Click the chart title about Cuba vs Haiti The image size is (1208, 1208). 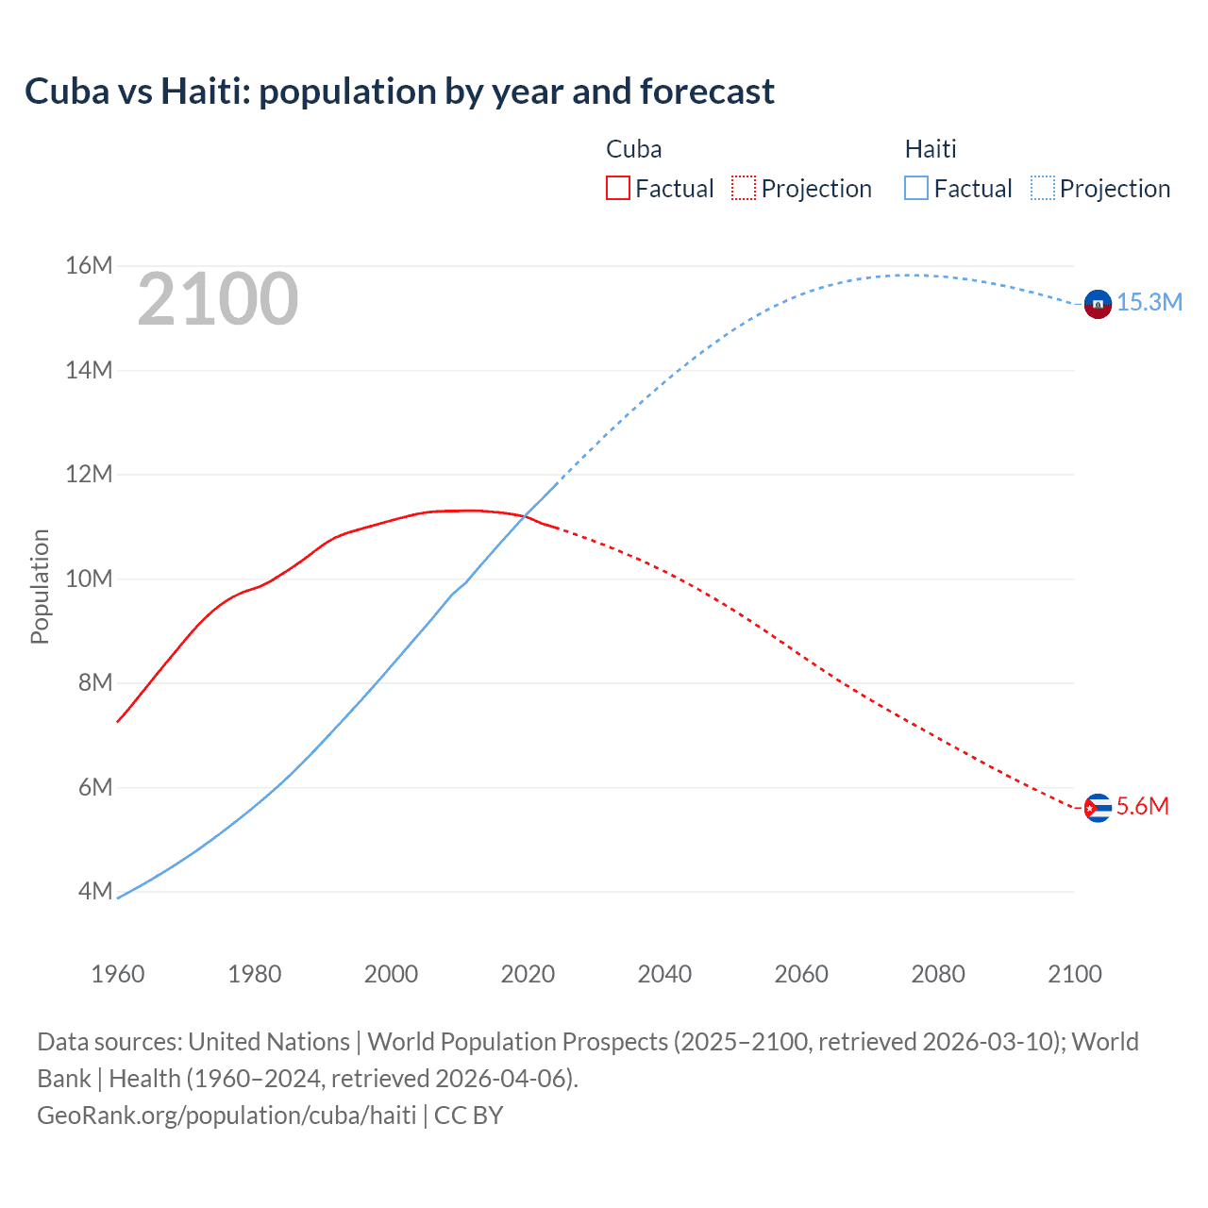[x=399, y=92]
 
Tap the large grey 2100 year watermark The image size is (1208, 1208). [x=218, y=299]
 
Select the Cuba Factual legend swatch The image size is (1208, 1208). [x=617, y=188]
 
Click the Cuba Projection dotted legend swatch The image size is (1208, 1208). [x=744, y=188]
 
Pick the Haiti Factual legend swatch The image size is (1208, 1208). [x=916, y=188]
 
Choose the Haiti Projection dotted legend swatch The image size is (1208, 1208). [x=1043, y=188]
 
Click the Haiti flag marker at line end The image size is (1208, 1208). [x=1098, y=304]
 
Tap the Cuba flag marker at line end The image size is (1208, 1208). [x=1098, y=808]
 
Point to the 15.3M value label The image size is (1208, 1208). [x=1149, y=302]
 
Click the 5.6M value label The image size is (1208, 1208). [x=1143, y=806]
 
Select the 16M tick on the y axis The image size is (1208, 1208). [x=89, y=266]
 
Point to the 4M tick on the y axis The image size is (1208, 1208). [x=95, y=891]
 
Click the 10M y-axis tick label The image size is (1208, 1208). [x=89, y=579]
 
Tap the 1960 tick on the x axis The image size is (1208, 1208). [x=118, y=974]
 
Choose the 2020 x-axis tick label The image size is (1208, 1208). [x=528, y=974]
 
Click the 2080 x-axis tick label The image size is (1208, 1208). [x=938, y=974]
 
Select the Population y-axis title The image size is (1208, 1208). [x=40, y=586]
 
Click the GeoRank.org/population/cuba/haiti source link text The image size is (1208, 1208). [x=226, y=1116]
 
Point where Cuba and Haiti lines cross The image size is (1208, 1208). [x=526, y=515]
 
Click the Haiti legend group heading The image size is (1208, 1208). [x=931, y=149]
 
